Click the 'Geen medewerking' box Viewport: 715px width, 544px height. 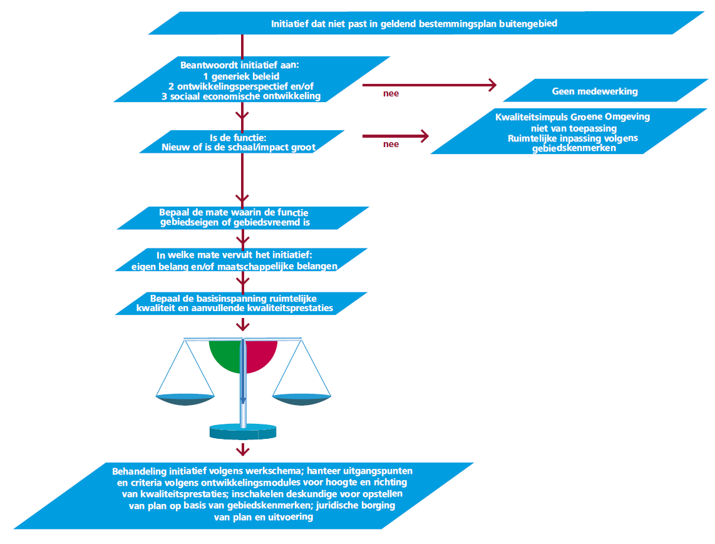pyautogui.click(x=605, y=90)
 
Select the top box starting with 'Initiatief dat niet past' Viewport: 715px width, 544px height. pyautogui.click(x=426, y=23)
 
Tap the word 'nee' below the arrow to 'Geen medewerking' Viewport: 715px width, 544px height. pyautogui.click(x=391, y=93)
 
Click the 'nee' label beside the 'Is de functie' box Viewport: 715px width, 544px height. pyautogui.click(x=391, y=144)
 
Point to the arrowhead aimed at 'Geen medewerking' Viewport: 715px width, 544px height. pyautogui.click(x=492, y=85)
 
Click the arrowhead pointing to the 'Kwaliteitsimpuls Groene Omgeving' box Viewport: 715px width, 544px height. pyautogui.click(x=425, y=136)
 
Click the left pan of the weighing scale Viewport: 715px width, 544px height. pyautogui.click(x=185, y=399)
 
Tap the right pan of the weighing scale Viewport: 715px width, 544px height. pyautogui.click(x=301, y=399)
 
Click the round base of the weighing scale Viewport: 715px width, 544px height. pyautogui.click(x=243, y=432)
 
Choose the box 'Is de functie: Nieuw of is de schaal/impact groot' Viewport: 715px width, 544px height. pyautogui.click(x=242, y=142)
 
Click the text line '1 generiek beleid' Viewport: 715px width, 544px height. pyautogui.click(x=241, y=76)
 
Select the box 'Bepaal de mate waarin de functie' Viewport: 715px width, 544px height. pyautogui.click(x=243, y=218)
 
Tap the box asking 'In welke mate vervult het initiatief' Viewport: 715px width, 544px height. pyautogui.click(x=241, y=260)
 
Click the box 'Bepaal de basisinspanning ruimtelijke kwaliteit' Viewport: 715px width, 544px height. pyautogui.click(x=241, y=303)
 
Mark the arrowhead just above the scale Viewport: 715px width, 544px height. pyautogui.click(x=243, y=325)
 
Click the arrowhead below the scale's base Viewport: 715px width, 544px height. pyautogui.click(x=243, y=451)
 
